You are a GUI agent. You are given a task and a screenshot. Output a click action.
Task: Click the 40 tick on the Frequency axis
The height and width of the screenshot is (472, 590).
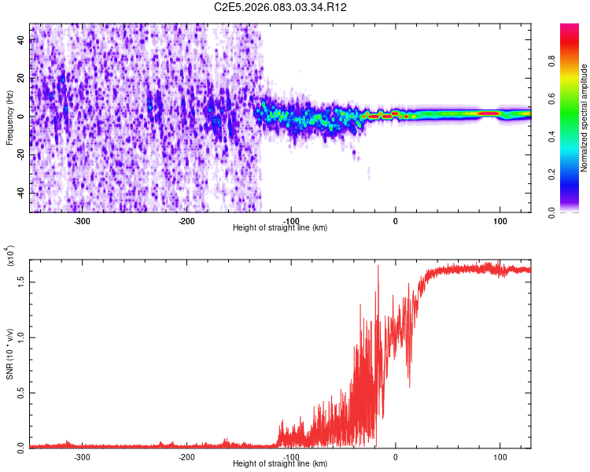[x=21, y=41]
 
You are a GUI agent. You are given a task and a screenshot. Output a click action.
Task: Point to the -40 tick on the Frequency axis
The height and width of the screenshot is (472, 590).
[x=20, y=193]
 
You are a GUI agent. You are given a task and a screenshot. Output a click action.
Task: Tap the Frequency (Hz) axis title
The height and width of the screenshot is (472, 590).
[x=9, y=117]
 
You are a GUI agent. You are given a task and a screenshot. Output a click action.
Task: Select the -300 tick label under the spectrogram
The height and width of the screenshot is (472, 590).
[x=83, y=221]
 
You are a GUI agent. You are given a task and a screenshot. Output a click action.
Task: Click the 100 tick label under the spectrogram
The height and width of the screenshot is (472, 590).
[x=500, y=221]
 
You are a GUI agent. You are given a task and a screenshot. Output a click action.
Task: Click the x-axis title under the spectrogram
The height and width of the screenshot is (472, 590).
[x=280, y=228]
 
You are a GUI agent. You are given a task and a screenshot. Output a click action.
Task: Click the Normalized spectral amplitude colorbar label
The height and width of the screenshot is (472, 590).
[x=584, y=118]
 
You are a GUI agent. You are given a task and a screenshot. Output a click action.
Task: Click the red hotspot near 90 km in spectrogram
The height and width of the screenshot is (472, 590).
[x=490, y=113]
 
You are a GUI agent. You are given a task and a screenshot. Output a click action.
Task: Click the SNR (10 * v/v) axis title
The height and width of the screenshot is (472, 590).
[x=9, y=353]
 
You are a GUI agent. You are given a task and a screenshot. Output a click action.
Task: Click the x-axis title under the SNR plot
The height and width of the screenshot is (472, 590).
[x=280, y=464]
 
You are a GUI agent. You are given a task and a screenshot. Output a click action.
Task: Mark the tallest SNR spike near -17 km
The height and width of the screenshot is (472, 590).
[x=378, y=267]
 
